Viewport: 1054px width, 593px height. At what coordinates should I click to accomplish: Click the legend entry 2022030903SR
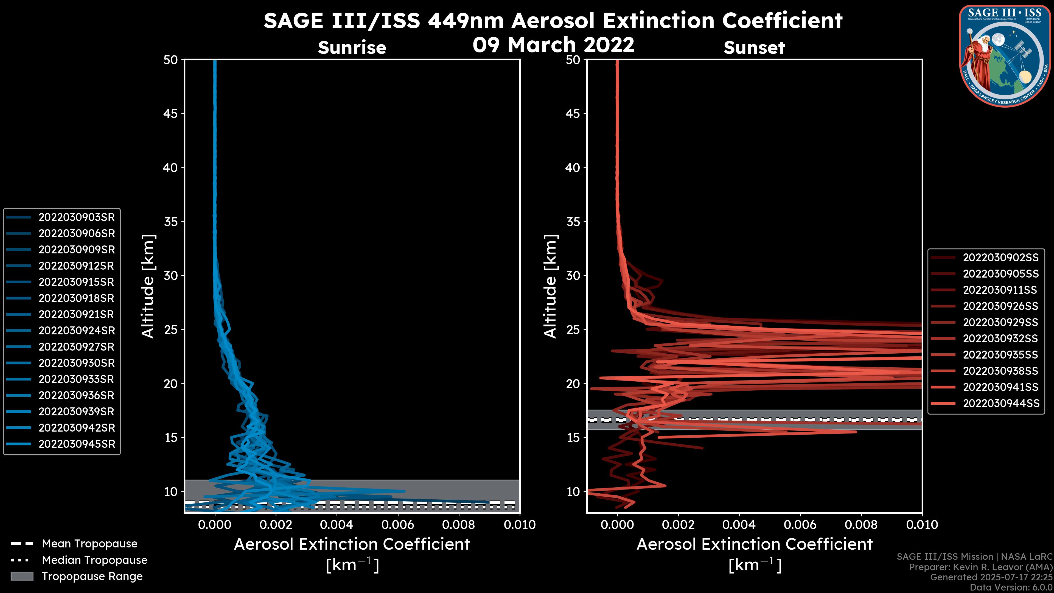(x=77, y=217)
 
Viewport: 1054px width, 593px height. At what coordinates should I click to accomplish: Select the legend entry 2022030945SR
(x=77, y=444)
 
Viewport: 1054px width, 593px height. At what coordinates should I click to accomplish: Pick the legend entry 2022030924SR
(x=77, y=331)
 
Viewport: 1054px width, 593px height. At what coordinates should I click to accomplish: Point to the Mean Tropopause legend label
(x=89, y=544)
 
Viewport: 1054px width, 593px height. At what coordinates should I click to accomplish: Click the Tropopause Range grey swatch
(x=22, y=576)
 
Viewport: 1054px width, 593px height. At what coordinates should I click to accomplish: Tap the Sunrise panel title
(x=352, y=48)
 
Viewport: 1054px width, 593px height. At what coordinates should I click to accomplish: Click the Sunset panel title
(x=754, y=48)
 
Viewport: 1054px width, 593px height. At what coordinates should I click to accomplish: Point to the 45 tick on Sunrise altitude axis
(x=171, y=113)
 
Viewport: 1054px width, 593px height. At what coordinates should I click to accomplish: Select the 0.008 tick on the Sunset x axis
(x=861, y=525)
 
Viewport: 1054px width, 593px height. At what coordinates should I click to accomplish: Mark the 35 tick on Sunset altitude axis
(x=573, y=221)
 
